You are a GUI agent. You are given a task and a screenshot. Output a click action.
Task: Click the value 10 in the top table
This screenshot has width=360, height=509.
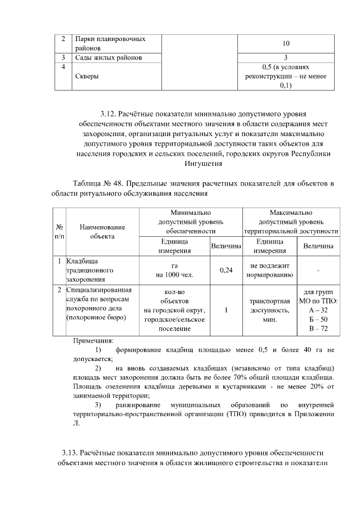[x=286, y=43]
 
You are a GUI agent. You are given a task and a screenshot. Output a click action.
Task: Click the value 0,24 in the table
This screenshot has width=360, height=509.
[x=226, y=271]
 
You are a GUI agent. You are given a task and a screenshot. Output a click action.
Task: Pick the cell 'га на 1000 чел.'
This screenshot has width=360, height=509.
[x=174, y=271]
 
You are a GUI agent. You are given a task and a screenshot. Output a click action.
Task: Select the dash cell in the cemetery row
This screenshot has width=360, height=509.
[x=318, y=271]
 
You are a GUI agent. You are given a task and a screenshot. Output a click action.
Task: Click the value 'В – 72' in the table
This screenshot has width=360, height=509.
[x=318, y=328]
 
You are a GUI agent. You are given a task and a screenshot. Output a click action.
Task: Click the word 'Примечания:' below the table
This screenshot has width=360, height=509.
[x=93, y=340]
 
